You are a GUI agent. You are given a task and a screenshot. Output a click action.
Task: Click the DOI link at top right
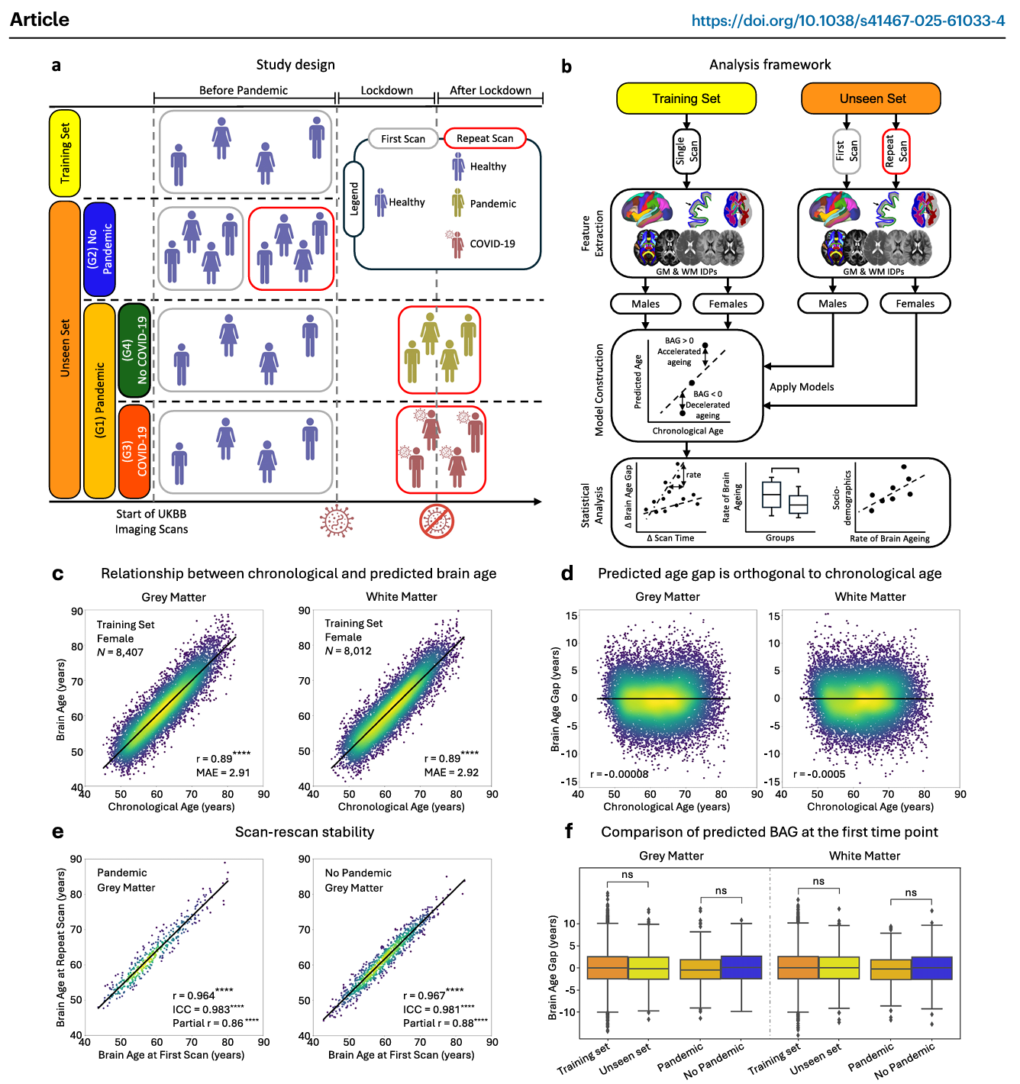tap(847, 21)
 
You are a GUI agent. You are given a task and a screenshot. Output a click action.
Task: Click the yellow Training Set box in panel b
tap(686, 98)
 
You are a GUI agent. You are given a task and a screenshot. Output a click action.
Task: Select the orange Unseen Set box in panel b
tap(872, 98)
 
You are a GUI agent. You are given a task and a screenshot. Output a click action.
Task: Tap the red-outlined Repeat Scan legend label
tap(485, 138)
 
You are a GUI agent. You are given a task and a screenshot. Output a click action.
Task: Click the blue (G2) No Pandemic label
tap(99, 249)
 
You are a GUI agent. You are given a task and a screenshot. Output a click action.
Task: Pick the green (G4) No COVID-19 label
tap(134, 350)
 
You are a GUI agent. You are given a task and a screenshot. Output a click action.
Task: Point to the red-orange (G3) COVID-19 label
tap(134, 451)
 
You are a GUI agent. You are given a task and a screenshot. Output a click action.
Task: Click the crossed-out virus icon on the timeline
tap(437, 521)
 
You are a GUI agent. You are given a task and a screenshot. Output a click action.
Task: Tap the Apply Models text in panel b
tap(801, 387)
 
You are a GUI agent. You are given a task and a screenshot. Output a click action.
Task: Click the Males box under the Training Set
tap(645, 304)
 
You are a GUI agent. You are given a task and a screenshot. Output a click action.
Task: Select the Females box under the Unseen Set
tap(915, 304)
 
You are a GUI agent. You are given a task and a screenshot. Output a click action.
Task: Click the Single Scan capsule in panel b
tap(686, 151)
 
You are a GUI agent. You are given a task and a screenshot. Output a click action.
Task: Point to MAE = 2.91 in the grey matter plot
tap(223, 773)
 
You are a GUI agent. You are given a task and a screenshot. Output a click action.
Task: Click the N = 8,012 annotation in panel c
tap(348, 651)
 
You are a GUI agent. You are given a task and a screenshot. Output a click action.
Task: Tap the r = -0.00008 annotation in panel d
tap(619, 774)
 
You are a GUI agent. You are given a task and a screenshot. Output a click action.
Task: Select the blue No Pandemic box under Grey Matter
tap(741, 967)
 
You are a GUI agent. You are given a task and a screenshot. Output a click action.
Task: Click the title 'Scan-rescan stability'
tap(304, 832)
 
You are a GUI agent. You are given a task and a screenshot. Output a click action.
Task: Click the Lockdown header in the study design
tap(386, 90)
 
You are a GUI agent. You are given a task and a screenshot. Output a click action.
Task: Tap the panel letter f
tap(568, 831)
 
